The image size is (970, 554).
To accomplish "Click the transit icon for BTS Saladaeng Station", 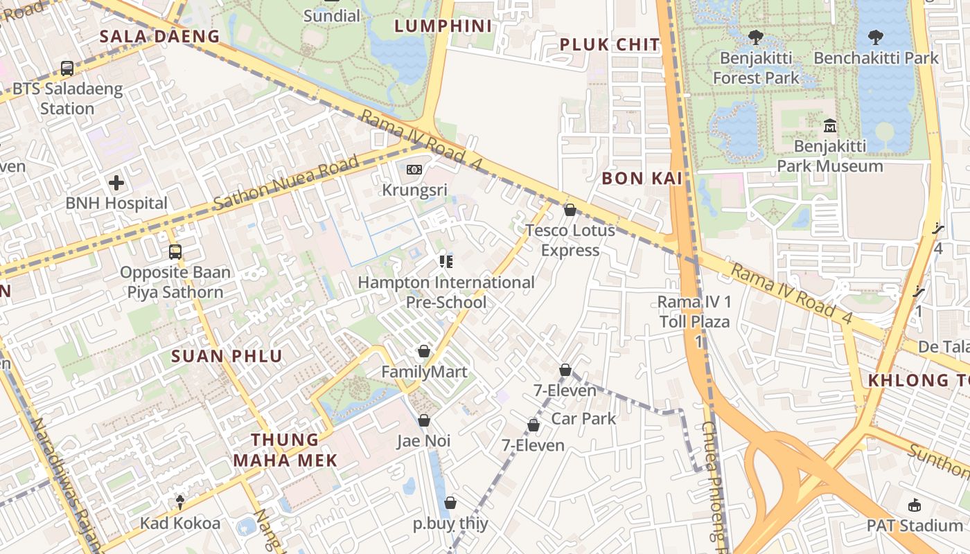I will (x=67, y=69).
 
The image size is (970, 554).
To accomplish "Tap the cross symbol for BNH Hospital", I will (x=116, y=183).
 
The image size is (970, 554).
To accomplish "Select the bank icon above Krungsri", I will (x=414, y=169).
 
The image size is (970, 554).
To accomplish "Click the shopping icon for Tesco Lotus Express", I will (x=570, y=210).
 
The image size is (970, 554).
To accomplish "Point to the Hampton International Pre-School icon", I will (x=446, y=261).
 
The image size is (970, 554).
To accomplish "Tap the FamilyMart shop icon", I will (x=424, y=352).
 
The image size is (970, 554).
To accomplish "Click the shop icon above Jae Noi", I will (x=424, y=420).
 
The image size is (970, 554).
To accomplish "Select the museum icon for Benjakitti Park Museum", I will (x=829, y=126).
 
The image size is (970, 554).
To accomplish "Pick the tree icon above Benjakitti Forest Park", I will (x=755, y=37).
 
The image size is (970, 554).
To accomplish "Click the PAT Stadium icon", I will (x=915, y=505).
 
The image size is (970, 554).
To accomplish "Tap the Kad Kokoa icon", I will (x=180, y=501).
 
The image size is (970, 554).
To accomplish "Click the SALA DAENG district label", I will (x=159, y=37).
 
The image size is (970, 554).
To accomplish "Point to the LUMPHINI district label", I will (x=443, y=26).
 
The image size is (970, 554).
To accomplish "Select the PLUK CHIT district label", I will (x=610, y=45).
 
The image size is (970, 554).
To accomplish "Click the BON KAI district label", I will (x=642, y=179).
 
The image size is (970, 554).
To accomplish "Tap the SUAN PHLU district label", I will (x=227, y=357).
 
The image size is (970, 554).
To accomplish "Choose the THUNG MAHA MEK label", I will (x=285, y=450).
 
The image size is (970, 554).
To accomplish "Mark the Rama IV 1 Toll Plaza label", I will (x=694, y=312).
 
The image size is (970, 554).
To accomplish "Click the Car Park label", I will (x=583, y=418).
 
